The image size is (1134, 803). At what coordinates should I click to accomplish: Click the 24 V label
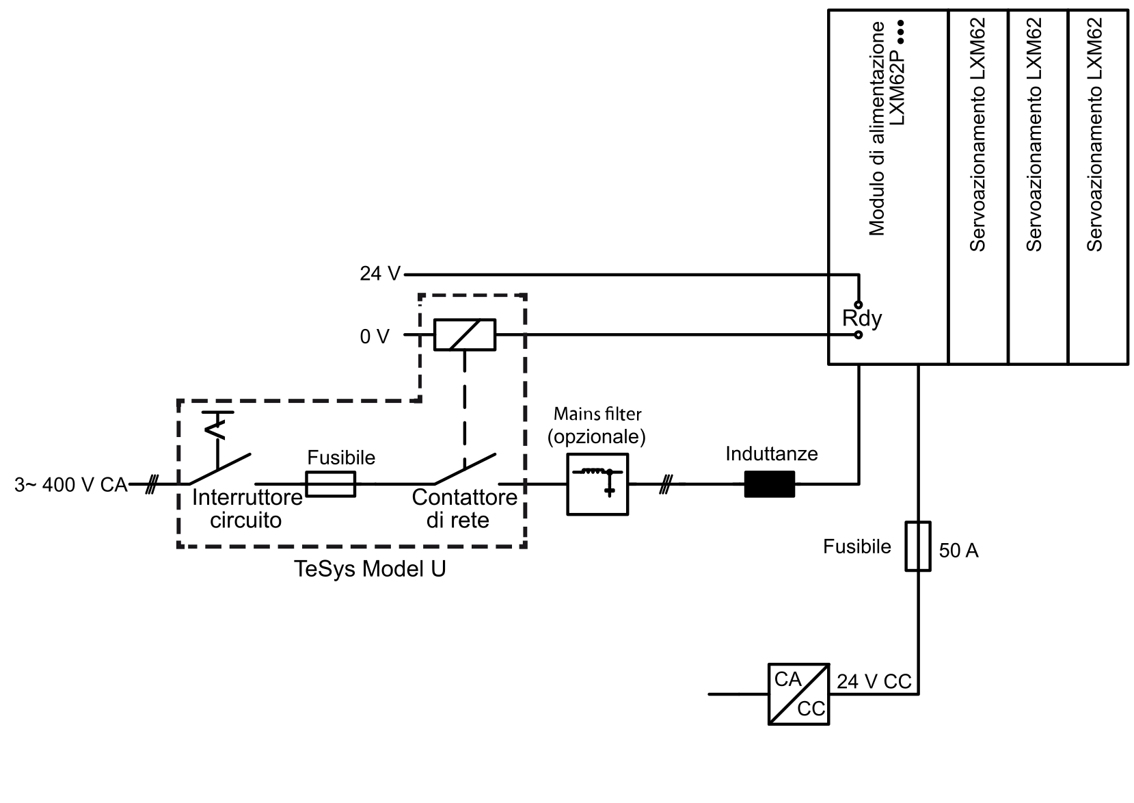click(x=380, y=274)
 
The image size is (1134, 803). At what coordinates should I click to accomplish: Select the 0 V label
click(x=375, y=336)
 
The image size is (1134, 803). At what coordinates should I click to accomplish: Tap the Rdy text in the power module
click(x=861, y=319)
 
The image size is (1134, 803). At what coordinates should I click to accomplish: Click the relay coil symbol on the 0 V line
click(x=465, y=335)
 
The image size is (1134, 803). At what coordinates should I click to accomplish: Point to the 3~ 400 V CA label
click(x=71, y=485)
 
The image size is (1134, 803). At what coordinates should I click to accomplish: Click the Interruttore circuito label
click(x=247, y=509)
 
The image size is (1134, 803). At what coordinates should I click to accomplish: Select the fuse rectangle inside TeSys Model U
click(x=330, y=484)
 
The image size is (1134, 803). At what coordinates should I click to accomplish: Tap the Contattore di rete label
click(x=464, y=509)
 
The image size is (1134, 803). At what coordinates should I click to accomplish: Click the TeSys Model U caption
click(x=369, y=569)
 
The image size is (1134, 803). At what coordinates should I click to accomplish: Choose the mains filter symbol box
click(x=597, y=484)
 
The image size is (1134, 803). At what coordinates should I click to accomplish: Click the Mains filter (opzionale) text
click(x=597, y=425)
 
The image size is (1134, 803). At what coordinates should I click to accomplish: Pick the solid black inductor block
click(x=770, y=484)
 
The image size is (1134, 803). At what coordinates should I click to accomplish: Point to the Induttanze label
click(x=771, y=454)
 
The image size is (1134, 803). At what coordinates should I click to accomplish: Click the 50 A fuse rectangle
click(x=917, y=546)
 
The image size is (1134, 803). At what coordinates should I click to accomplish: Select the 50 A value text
click(x=958, y=551)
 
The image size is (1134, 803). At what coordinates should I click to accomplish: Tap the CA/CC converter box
click(x=798, y=694)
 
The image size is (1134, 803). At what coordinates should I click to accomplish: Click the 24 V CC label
click(x=874, y=682)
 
